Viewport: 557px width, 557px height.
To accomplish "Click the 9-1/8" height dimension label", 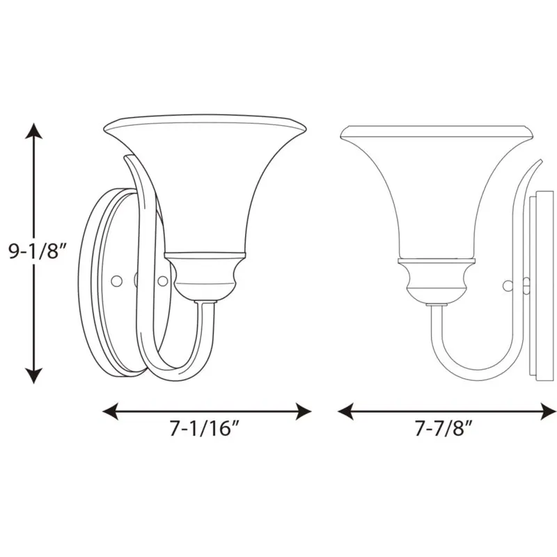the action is click(x=38, y=252).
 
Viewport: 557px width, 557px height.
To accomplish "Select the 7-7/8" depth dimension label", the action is click(x=444, y=428).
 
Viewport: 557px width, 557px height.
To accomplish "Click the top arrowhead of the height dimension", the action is click(x=34, y=131).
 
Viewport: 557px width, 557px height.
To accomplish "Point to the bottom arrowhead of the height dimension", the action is click(x=34, y=376).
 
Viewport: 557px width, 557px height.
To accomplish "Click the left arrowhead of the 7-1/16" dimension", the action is click(x=110, y=411).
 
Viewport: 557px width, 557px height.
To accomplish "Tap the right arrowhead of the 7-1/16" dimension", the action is click(x=304, y=411).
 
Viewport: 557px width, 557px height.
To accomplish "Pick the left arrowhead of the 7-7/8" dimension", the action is click(x=345, y=411).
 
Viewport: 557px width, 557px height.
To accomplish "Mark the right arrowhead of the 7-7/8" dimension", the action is click(x=549, y=411).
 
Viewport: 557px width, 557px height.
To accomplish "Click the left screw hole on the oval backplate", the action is click(x=116, y=281).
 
